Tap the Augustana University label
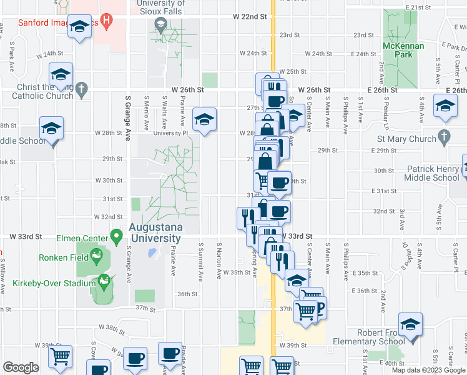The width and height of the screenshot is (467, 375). tap(155, 232)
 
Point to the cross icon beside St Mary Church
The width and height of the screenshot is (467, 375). tap(444, 136)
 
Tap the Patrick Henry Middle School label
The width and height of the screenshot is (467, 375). tap(433, 173)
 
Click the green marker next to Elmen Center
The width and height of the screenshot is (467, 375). tap(116, 236)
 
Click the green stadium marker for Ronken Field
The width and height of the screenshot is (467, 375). tap(96, 255)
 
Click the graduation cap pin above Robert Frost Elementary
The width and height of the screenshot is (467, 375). tap(411, 325)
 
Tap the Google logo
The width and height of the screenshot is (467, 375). tap(21, 367)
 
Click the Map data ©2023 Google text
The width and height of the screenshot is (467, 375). tap(428, 370)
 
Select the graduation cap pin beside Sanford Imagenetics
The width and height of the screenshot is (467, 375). tap(79, 28)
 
